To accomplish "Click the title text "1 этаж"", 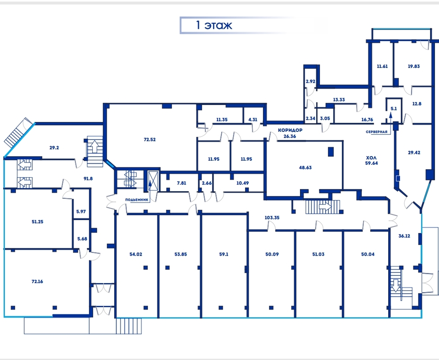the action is (x=214, y=25).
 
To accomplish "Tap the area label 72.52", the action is (x=149, y=139).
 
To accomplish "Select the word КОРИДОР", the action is (x=290, y=130).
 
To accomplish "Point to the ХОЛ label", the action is (x=372, y=157).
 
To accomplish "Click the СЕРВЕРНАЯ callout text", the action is (x=376, y=132).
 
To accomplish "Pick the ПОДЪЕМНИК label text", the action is (x=137, y=200).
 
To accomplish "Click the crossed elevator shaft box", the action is (x=153, y=181).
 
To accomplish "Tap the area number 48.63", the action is (x=305, y=167).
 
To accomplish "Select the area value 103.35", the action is (x=272, y=217).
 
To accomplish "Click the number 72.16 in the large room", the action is (x=37, y=282).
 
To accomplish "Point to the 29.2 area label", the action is (x=54, y=148).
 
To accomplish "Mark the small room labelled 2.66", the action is (x=206, y=183).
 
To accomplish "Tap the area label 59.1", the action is (x=224, y=254).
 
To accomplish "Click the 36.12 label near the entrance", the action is (x=404, y=236).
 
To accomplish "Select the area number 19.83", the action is (x=414, y=67).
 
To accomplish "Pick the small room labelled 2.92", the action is (x=310, y=81).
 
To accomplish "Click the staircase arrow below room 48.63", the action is (x=325, y=207).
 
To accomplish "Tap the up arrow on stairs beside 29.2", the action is (x=94, y=146).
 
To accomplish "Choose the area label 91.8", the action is (x=88, y=179).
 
